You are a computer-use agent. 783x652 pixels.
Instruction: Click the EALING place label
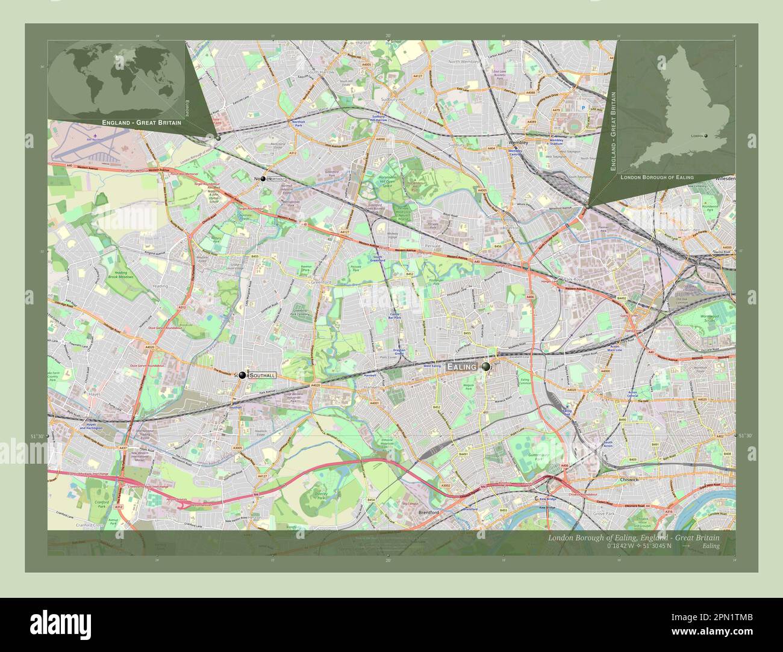pos(461,366)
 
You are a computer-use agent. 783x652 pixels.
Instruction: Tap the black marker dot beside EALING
pos(485,366)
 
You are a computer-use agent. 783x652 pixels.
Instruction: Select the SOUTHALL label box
pos(263,375)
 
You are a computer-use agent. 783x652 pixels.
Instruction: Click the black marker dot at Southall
pos(242,375)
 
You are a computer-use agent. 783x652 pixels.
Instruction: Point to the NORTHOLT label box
pos(276,179)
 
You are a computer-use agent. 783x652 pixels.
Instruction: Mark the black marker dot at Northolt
pos(263,179)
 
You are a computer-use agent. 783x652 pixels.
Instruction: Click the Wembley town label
pos(518,143)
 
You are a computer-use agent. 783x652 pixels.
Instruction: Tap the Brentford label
pos(428,512)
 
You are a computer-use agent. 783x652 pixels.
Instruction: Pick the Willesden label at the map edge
pos(725,179)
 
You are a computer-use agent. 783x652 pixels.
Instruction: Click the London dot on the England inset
pos(705,136)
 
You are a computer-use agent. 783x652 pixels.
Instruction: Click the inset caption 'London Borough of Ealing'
pos(657,178)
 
